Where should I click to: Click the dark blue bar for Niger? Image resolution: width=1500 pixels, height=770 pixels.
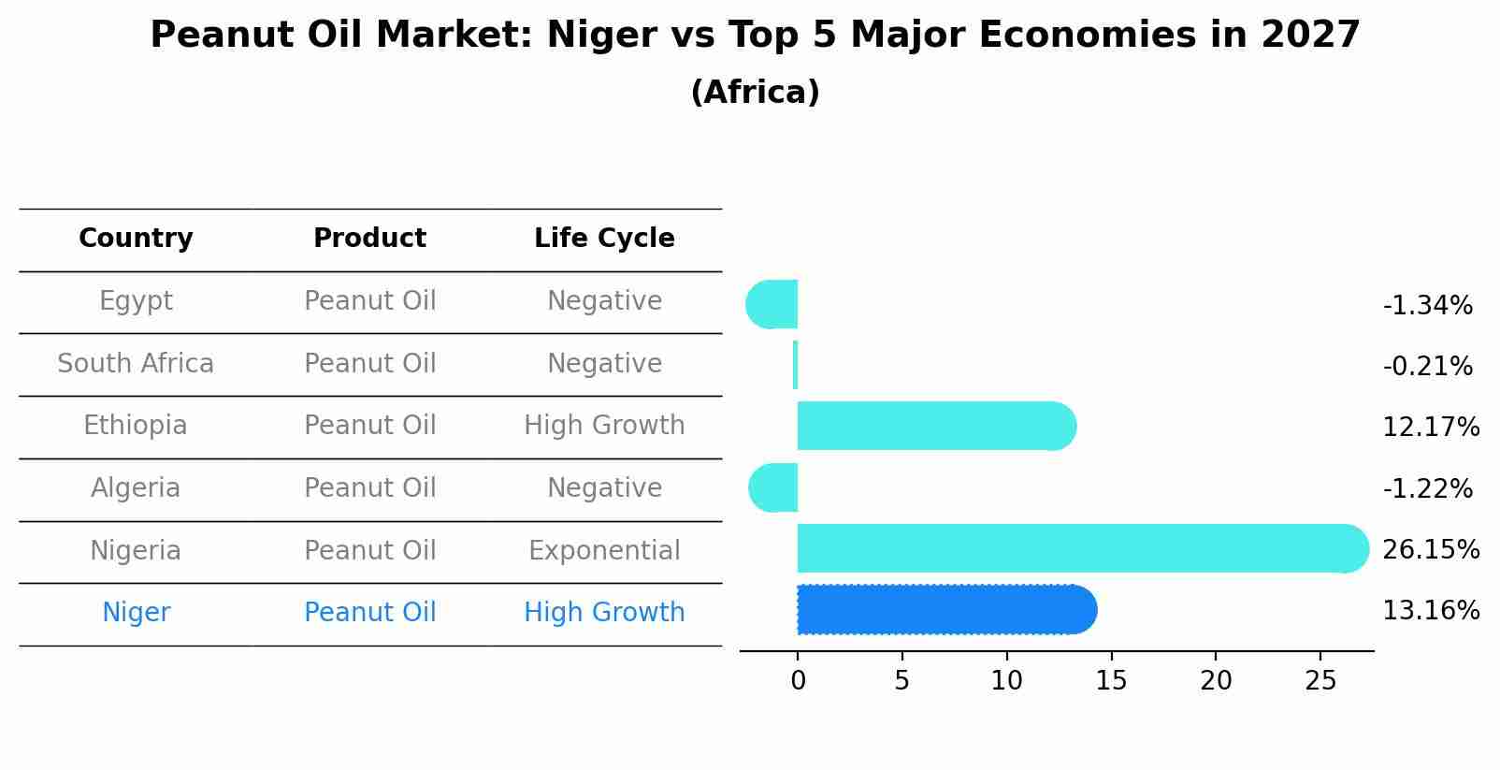point(945,610)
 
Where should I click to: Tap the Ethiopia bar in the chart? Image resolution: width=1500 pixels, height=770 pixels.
point(935,426)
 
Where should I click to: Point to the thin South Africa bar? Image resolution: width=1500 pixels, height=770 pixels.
point(795,365)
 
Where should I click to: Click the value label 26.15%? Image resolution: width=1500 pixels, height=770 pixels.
point(1430,550)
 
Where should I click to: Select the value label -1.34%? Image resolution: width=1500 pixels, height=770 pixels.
point(1427,306)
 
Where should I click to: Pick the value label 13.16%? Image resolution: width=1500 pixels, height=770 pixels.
point(1430,611)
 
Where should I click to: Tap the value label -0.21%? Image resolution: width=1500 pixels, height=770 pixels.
point(1427,367)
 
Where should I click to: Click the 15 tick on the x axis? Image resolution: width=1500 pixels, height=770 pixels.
point(1111,681)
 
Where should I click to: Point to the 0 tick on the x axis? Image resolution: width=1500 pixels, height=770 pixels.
point(798,681)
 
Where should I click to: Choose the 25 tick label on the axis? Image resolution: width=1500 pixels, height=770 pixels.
point(1320,681)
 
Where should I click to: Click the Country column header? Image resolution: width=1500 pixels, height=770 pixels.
point(136,239)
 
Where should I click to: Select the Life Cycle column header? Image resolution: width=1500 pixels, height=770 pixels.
point(604,239)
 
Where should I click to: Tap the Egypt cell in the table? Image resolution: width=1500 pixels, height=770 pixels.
point(136,301)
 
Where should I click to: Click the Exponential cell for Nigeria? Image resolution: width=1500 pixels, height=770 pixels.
point(604,551)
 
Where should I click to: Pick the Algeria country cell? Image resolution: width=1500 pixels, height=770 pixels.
point(136,488)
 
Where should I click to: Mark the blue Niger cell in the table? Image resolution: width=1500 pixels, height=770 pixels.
point(136,613)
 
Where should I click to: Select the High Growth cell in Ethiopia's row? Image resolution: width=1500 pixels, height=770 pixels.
point(604,426)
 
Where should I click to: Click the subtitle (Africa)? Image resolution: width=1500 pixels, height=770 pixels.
point(755,93)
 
